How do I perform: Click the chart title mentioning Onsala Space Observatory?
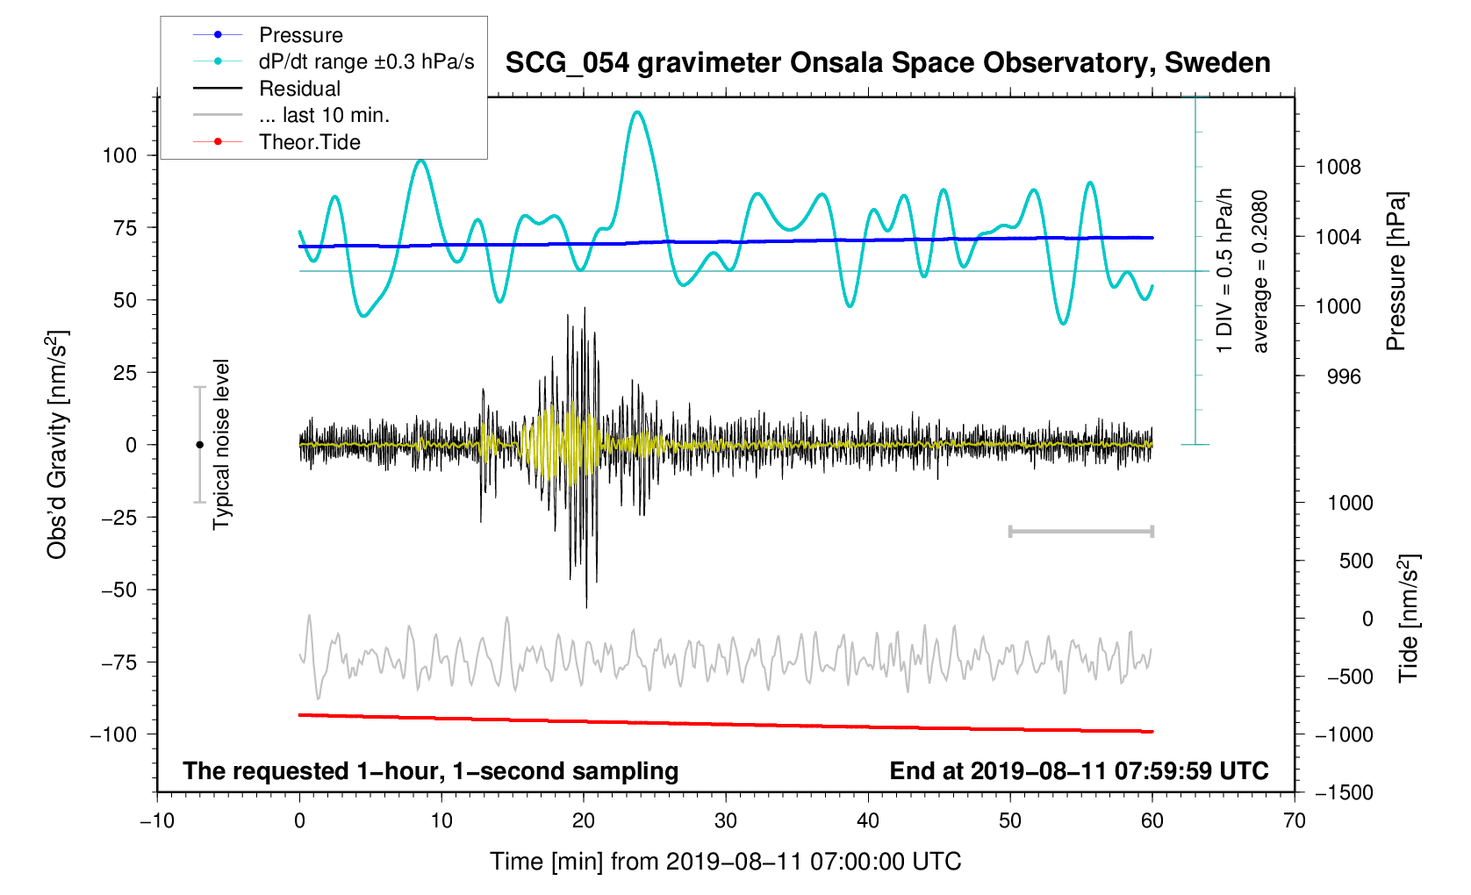click(x=887, y=63)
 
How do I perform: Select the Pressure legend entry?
click(x=300, y=35)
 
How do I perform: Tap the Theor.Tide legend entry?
click(x=309, y=142)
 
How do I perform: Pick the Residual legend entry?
click(x=299, y=89)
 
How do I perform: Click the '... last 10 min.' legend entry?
click(x=324, y=115)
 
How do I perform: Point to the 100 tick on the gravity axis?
click(x=119, y=155)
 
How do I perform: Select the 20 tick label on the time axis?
click(x=584, y=820)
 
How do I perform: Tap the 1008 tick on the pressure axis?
click(x=1338, y=167)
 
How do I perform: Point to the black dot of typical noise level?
click(x=199, y=445)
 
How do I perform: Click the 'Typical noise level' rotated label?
click(x=221, y=444)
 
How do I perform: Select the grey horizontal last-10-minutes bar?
click(x=1081, y=531)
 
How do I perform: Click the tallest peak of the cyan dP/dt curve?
click(x=637, y=112)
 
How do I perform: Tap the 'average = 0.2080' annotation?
click(x=1260, y=271)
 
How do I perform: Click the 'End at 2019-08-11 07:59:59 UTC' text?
click(x=1079, y=771)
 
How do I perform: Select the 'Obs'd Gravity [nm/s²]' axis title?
click(x=57, y=444)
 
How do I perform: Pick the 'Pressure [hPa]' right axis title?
click(x=1396, y=271)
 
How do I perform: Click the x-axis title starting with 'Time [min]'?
click(x=725, y=862)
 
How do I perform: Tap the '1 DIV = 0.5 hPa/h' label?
click(x=1224, y=271)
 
